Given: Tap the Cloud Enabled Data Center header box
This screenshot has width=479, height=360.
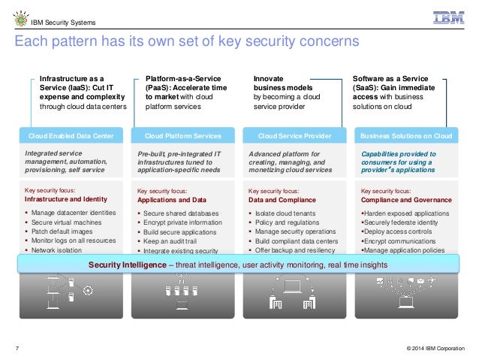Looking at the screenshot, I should [x=71, y=136].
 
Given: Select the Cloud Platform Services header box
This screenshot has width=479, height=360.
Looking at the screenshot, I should [x=184, y=136].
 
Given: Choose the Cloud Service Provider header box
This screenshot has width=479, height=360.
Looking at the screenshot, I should [x=294, y=136].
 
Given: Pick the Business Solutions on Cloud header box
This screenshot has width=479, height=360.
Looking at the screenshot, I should [x=405, y=136].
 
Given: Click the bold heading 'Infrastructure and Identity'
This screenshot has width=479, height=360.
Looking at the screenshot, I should [x=66, y=200].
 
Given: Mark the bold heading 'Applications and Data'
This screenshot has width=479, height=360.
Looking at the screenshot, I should [x=172, y=201].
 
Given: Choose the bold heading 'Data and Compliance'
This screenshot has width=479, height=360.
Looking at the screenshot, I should [x=281, y=201].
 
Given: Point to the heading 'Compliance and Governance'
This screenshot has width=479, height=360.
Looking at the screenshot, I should [x=406, y=200].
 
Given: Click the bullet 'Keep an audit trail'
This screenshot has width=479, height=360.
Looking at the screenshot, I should [x=173, y=241].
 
